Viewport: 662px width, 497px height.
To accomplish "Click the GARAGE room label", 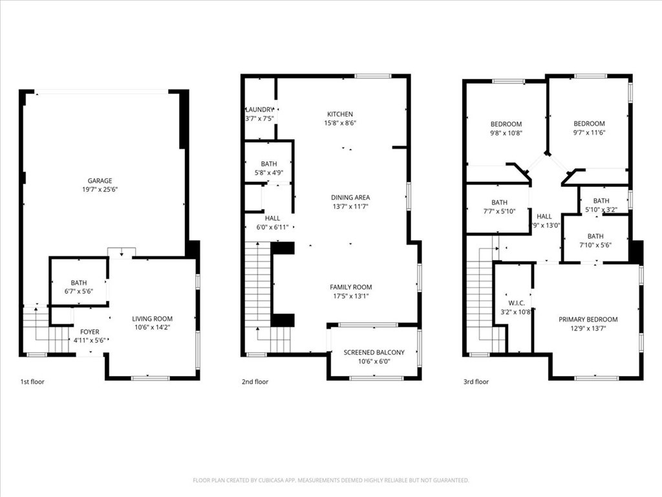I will [100, 181].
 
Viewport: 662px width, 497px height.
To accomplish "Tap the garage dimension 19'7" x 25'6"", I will [100, 190].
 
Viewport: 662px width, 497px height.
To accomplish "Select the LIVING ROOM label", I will [153, 318].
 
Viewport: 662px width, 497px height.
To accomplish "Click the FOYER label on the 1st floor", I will [91, 331].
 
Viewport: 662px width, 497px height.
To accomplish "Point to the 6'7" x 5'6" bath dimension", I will [79, 292].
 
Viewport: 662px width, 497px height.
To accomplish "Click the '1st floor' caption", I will [33, 382].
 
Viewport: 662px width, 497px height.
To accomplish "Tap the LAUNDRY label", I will [259, 110].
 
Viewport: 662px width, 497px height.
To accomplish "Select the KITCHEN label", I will [341, 113].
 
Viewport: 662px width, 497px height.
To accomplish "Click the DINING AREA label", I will [350, 197].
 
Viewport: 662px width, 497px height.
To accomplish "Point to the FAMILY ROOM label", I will [350, 287].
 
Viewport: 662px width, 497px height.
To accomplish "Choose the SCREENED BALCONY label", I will [374, 352].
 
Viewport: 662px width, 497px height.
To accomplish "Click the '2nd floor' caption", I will [255, 382].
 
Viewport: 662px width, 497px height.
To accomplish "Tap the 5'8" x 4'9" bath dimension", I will [269, 173].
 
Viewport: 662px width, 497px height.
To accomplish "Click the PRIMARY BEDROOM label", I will [588, 319].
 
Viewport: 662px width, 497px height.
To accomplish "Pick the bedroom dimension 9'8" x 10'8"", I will [506, 133].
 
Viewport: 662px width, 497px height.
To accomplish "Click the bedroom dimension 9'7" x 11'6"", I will [589, 133].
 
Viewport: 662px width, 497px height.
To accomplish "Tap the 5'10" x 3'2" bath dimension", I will [601, 209].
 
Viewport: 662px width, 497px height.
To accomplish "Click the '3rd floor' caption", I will [476, 382].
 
